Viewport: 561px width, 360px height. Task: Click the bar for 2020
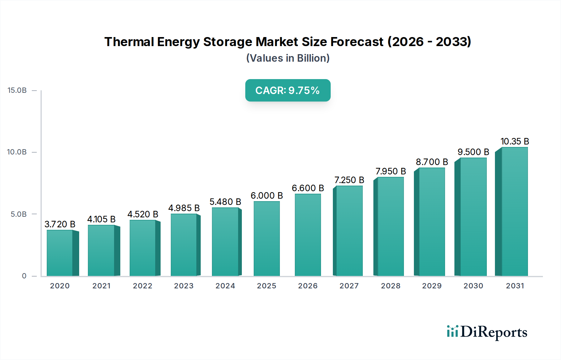tap(60, 253)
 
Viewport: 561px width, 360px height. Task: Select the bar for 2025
tap(266, 239)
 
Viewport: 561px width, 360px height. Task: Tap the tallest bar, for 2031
tap(515, 212)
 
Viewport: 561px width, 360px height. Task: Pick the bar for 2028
tap(391, 226)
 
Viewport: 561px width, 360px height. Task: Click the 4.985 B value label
tap(184, 208)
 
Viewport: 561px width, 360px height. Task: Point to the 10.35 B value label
tap(515, 141)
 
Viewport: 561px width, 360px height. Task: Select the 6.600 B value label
tap(308, 188)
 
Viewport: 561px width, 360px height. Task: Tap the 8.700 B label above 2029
tap(432, 162)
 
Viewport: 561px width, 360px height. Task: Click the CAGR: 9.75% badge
tap(288, 90)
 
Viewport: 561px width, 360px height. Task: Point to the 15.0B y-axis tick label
tap(17, 90)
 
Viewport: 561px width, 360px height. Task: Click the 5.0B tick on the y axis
tap(19, 214)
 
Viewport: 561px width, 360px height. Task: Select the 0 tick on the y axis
tap(24, 276)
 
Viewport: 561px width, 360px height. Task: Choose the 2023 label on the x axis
tap(184, 286)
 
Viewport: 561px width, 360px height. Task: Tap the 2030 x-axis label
tap(473, 286)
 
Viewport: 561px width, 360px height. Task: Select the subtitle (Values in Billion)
tap(288, 58)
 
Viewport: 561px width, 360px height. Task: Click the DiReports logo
tap(487, 332)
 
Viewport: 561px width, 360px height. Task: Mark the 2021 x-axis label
tap(101, 286)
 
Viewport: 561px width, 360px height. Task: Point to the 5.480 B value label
tap(225, 202)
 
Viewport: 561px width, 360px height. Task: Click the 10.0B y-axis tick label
tap(17, 152)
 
